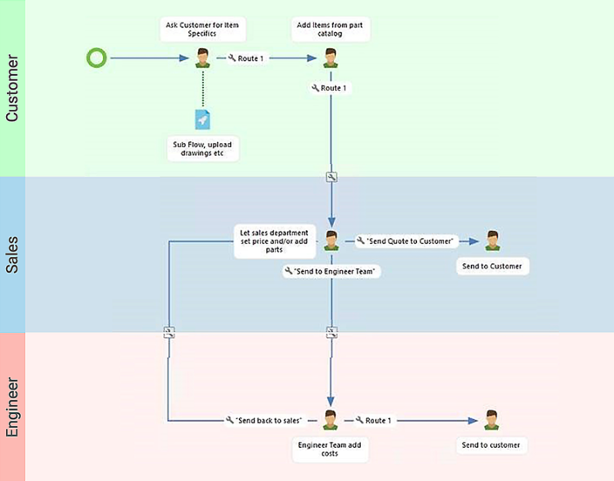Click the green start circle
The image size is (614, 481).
[97, 58]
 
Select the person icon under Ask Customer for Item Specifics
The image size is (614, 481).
[203, 58]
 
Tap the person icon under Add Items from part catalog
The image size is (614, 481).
[331, 58]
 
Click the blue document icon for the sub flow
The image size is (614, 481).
[203, 119]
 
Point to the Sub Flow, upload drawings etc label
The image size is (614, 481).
[203, 148]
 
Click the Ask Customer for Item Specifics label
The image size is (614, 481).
[203, 29]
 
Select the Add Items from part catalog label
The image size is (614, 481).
[331, 29]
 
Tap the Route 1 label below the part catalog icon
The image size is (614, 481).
[330, 88]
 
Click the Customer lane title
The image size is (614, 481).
[12, 88]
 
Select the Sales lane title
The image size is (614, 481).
[12, 254]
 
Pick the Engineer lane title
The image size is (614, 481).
[12, 405]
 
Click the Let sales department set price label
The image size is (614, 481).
[274, 241]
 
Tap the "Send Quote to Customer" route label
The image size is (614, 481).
[406, 240]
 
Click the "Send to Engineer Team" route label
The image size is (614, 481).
[332, 272]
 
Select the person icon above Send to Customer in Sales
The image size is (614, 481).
[493, 240]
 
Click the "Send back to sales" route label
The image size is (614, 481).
[264, 420]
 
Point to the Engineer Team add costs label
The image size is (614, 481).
[331, 450]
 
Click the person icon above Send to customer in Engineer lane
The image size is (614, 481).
[493, 419]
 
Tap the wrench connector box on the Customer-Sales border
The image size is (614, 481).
[331, 177]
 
